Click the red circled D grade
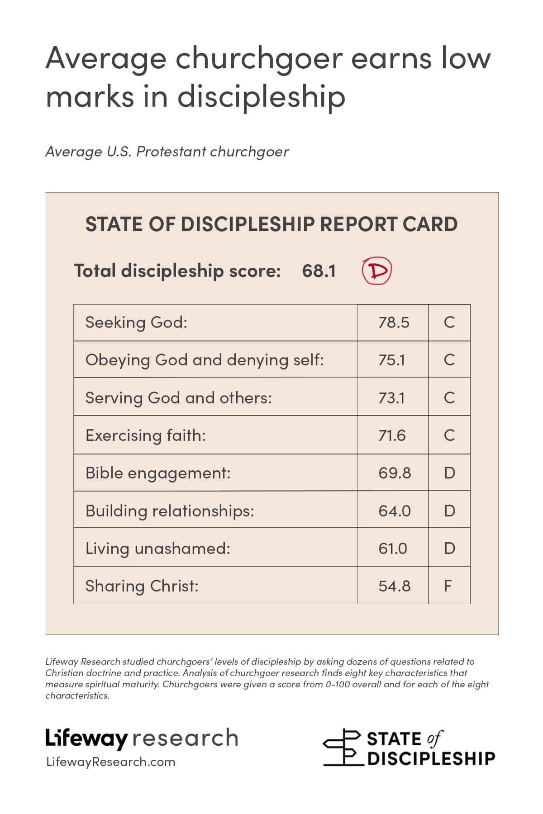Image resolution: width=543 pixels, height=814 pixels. (x=376, y=271)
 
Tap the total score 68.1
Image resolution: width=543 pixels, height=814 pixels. (x=319, y=271)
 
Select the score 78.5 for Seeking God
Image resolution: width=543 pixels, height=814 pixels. (x=394, y=322)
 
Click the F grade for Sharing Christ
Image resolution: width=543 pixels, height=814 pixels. (x=448, y=586)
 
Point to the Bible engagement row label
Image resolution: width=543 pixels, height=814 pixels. (x=158, y=473)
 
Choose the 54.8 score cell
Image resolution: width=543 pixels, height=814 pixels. (x=394, y=586)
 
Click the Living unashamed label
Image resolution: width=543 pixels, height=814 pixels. (x=158, y=549)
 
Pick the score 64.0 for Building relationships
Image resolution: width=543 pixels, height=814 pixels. (x=395, y=511)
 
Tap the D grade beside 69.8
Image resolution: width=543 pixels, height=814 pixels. (x=449, y=473)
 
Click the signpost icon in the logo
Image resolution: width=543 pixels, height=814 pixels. (x=343, y=747)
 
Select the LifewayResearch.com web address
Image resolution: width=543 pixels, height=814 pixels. (x=110, y=762)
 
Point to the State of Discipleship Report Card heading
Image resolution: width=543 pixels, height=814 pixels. (x=271, y=224)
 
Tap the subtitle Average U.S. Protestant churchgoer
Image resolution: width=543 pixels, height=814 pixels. (x=167, y=151)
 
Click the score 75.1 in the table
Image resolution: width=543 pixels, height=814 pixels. (x=392, y=360)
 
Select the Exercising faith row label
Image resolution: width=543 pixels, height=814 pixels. (x=146, y=435)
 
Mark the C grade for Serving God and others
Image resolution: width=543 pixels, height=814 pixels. (x=449, y=398)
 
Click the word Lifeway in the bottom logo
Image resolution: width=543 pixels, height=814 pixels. (x=87, y=738)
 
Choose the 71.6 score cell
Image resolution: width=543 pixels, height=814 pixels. (x=392, y=435)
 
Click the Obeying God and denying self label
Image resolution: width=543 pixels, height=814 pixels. (x=205, y=360)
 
